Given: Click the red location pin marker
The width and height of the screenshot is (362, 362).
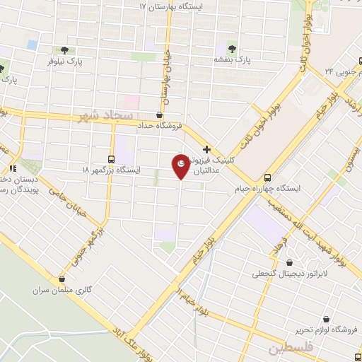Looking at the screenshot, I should tap(181, 165).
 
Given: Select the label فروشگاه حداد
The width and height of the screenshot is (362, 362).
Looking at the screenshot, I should tap(160, 125).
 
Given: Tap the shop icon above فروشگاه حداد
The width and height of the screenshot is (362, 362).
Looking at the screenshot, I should tap(160, 114).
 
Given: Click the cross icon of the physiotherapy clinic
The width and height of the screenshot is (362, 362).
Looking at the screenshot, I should tap(206, 149).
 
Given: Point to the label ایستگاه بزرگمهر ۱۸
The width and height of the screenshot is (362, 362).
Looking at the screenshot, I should tap(111, 170).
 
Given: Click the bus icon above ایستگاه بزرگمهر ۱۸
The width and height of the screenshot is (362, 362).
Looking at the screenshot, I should tap(111, 159).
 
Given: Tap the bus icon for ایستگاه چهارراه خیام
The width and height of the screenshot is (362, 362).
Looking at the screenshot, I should tap(268, 178).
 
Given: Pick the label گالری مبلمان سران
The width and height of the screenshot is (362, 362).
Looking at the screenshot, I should tap(62, 290).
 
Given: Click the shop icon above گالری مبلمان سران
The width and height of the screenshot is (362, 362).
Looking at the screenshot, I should tap(62, 279).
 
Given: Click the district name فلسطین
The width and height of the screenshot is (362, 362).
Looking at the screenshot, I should tap(289, 349).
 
